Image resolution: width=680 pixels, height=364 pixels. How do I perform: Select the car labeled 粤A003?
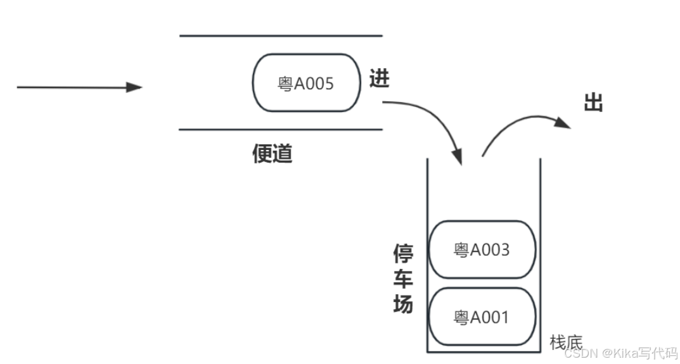(482, 249)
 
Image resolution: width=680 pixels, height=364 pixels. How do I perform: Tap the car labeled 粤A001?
(482, 317)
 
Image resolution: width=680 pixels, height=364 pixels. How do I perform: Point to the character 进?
(379, 78)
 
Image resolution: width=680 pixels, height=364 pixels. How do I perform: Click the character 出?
(593, 103)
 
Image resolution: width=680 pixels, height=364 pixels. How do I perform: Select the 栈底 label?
(566, 342)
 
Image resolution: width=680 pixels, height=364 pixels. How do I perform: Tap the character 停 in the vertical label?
(403, 255)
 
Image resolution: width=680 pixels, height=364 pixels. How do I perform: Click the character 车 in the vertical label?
(403, 279)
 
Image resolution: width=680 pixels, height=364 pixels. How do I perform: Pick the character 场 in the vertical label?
(403, 304)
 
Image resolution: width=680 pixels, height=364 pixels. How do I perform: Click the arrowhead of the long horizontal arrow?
(134, 87)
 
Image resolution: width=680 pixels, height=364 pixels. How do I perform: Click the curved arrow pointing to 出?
(520, 123)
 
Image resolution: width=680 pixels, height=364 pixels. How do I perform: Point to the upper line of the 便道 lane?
(281, 36)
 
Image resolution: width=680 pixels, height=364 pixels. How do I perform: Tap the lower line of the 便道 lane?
(281, 130)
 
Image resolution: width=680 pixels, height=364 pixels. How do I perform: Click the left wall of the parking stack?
(428, 253)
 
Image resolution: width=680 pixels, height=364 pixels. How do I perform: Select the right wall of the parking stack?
(539, 253)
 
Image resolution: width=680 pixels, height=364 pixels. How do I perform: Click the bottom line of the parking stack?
(484, 351)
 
